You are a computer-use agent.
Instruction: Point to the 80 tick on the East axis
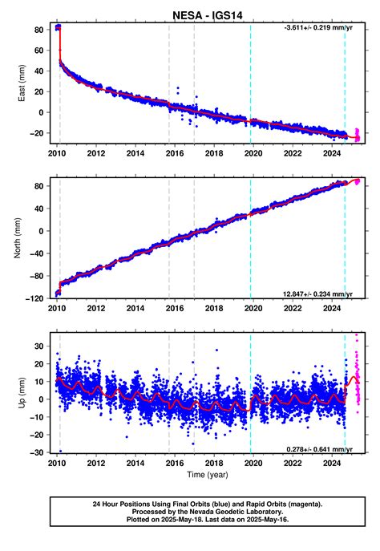pyautogui.click(x=38, y=31)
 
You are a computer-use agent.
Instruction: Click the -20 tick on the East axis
pyautogui.click(x=35, y=132)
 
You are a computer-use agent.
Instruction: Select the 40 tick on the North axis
pyautogui.click(x=38, y=209)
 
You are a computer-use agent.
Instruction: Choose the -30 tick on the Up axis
pyautogui.click(x=35, y=452)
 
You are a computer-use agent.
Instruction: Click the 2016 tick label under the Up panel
pyautogui.click(x=174, y=464)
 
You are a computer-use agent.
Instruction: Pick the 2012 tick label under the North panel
pyautogui.click(x=95, y=308)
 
